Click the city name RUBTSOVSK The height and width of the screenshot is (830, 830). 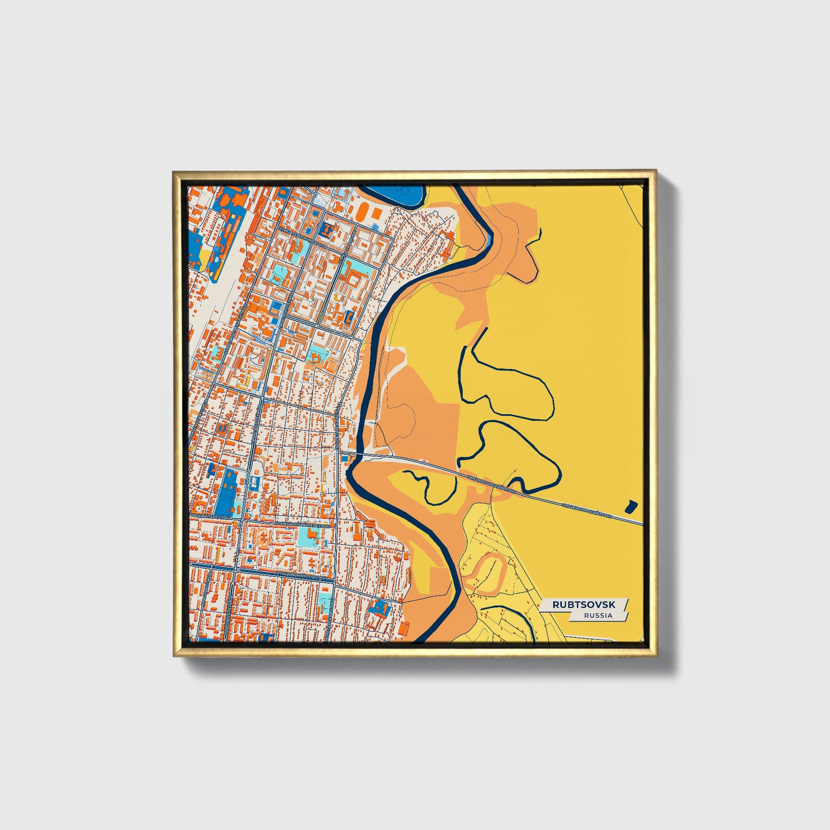click(x=583, y=604)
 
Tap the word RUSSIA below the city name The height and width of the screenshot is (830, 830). click(x=598, y=615)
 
